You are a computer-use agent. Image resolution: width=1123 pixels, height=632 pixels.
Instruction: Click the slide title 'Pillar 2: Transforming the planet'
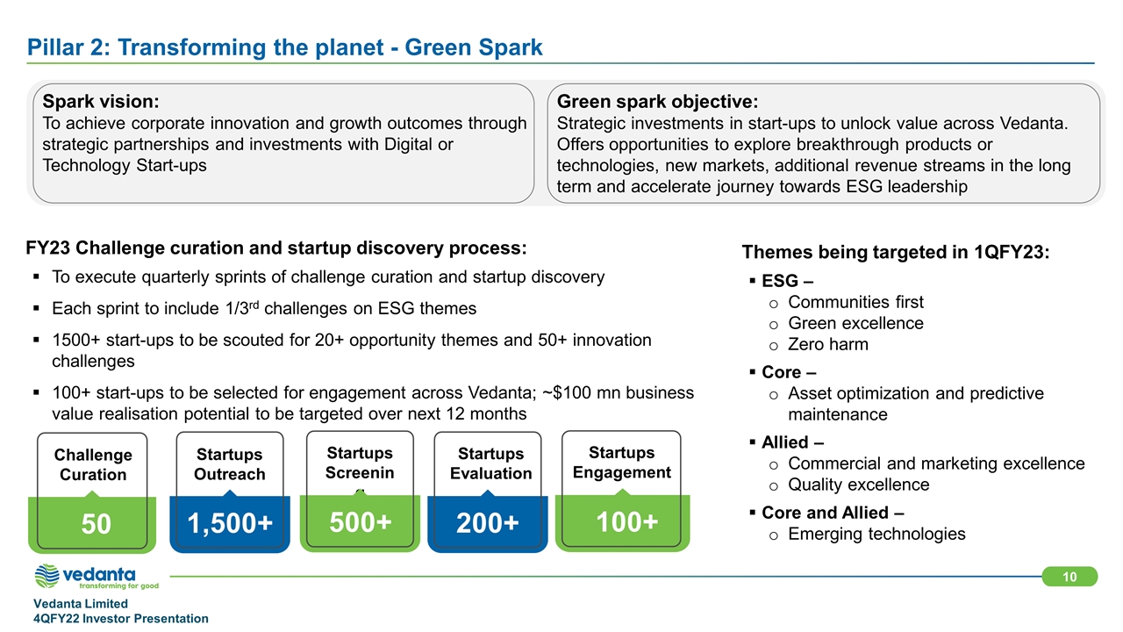205,47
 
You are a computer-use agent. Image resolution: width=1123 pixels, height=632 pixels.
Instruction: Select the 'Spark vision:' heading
101,101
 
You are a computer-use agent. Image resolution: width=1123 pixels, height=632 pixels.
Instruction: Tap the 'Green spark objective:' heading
657,101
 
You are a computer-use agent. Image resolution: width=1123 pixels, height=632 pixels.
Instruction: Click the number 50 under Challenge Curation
96,524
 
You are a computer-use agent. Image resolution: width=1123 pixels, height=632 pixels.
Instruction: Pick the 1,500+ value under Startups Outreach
230,524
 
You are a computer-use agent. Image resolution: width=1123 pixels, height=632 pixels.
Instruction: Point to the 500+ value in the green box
360,522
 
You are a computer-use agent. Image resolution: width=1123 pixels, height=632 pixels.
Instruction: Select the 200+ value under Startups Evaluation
487,523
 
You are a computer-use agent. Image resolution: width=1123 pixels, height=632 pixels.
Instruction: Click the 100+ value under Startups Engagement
626,522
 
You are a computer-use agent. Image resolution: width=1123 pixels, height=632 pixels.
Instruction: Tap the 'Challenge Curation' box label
93,464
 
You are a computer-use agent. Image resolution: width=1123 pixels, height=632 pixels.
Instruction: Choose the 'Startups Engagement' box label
622,463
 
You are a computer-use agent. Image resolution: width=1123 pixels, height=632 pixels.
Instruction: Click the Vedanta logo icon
46,576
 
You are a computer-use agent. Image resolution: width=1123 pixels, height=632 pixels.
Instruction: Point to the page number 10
1069,577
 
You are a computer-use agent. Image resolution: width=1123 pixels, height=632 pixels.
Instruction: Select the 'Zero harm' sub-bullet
827,345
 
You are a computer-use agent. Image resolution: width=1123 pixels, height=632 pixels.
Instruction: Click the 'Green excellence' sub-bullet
855,324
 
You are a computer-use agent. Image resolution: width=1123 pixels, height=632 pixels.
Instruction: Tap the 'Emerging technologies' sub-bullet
876,535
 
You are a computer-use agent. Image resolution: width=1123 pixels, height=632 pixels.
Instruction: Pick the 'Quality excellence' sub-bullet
858,485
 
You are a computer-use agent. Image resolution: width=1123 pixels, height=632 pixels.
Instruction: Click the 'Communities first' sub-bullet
855,302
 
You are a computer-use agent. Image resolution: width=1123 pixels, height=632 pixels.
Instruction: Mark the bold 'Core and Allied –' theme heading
833,513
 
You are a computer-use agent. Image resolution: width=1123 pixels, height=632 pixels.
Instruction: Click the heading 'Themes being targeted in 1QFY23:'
896,252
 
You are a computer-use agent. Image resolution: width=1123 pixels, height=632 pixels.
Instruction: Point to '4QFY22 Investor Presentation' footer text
121,619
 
